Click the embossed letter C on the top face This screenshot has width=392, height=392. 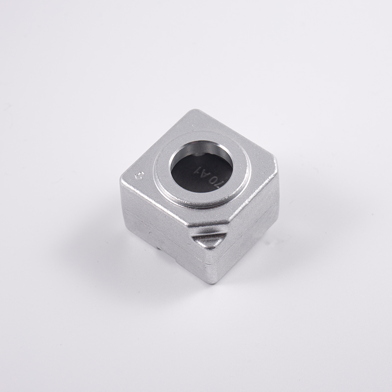pos(139,173)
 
